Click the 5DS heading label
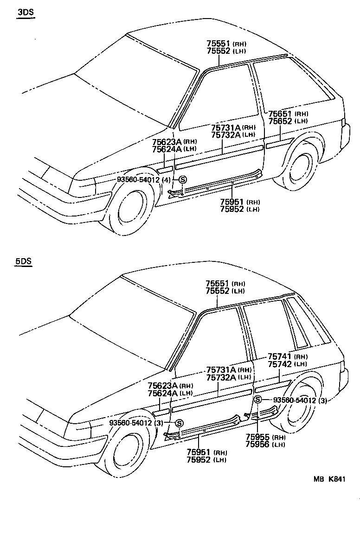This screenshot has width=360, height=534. click(23, 261)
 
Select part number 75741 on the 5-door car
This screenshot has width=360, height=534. click(279, 357)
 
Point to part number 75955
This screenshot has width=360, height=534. click(257, 437)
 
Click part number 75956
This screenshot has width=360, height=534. click(257, 444)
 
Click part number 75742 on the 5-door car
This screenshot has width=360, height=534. click(279, 364)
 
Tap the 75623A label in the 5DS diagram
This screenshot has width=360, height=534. click(162, 386)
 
